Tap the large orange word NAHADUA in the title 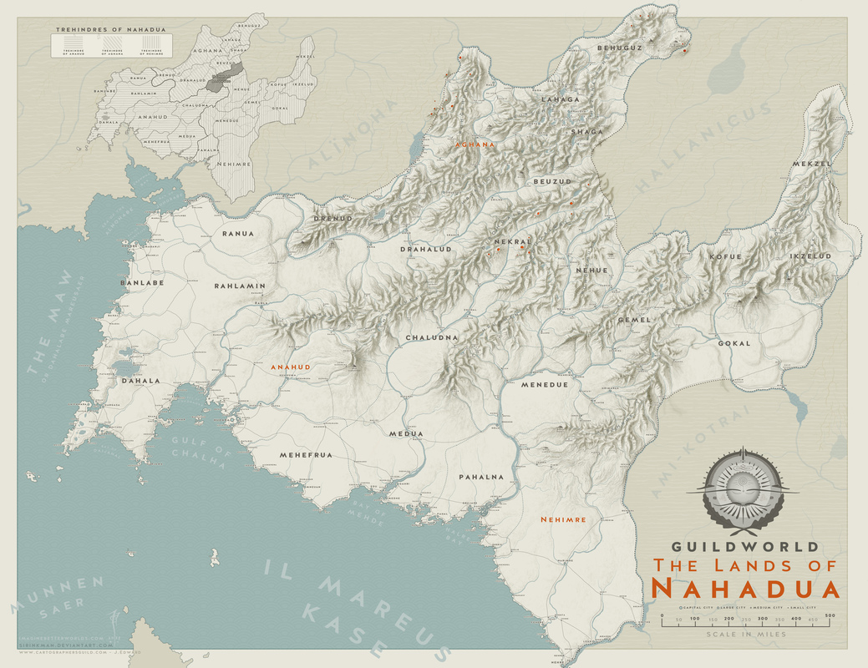point(744,588)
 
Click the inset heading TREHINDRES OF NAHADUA point(110,29)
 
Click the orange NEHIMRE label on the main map point(563,519)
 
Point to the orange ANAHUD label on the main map point(290,367)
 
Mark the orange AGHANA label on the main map point(475,144)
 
